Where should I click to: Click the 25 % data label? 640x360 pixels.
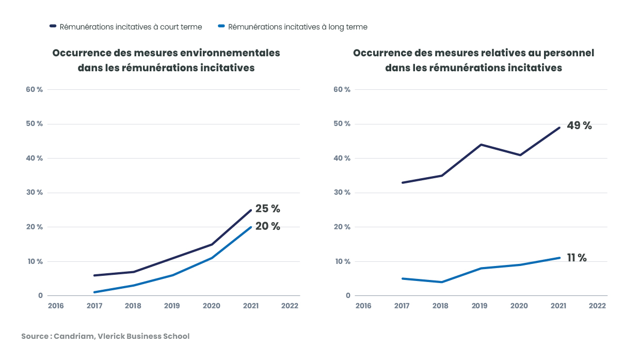click(x=267, y=209)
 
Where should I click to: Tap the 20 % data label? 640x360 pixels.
click(x=267, y=226)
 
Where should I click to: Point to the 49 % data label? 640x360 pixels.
click(x=579, y=126)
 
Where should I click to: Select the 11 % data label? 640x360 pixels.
click(x=577, y=258)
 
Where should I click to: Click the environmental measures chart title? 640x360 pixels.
click(x=166, y=60)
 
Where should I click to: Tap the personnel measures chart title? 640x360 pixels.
click(x=473, y=60)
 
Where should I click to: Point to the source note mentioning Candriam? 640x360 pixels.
click(x=105, y=336)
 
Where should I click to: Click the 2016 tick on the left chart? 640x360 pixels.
click(x=56, y=306)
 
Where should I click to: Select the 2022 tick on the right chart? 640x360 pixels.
click(x=597, y=306)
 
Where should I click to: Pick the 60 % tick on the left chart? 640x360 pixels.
click(x=34, y=89)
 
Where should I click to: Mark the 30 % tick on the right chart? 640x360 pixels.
click(x=342, y=193)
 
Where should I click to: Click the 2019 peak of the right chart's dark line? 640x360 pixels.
click(x=481, y=145)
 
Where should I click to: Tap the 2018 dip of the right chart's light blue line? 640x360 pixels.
click(x=442, y=282)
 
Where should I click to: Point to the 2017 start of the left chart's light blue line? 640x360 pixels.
click(x=94, y=292)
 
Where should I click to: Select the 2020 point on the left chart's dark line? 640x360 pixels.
click(x=212, y=244)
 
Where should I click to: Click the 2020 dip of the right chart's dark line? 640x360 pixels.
click(x=520, y=155)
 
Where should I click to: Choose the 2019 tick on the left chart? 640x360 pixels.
click(x=172, y=306)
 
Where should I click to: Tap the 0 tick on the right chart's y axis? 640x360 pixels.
click(x=348, y=296)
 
